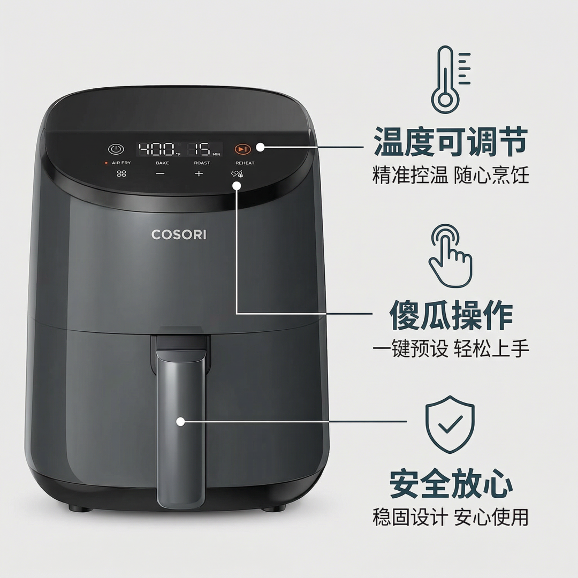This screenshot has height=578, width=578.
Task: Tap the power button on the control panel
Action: [116, 149]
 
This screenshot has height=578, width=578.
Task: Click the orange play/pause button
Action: [242, 149]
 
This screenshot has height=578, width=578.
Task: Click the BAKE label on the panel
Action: [162, 163]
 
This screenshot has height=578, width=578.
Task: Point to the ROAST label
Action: [202, 163]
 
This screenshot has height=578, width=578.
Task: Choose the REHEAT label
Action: [245, 163]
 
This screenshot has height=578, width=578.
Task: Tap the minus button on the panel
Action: [160, 173]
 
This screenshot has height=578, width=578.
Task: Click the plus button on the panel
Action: [199, 173]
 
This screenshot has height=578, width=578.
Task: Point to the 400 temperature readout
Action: [156, 149]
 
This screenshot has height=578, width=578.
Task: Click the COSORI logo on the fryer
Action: [179, 234]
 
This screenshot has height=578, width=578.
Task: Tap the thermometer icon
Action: [451, 80]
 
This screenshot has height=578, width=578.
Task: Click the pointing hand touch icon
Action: [450, 255]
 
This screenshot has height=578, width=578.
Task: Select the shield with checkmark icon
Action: [450, 424]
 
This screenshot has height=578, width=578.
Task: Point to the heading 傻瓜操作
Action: [451, 315]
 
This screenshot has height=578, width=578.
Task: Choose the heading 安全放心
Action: [451, 484]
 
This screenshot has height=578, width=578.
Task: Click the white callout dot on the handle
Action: [180, 421]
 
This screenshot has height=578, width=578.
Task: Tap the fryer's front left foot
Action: [80, 509]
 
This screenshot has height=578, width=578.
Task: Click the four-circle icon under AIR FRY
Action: [121, 173]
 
